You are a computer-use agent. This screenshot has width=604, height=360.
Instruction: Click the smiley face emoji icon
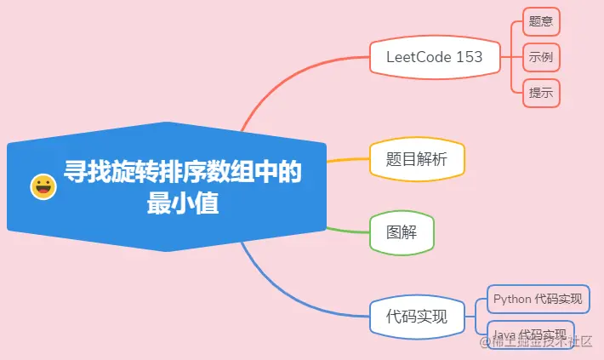click(x=43, y=186)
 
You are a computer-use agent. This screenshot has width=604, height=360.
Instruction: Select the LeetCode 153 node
click(x=434, y=57)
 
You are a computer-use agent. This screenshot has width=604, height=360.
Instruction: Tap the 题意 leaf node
click(x=541, y=21)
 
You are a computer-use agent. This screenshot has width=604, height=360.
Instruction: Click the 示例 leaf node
click(x=541, y=57)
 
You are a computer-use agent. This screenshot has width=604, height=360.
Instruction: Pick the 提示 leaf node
click(x=541, y=93)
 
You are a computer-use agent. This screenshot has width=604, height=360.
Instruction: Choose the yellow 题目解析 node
click(x=417, y=159)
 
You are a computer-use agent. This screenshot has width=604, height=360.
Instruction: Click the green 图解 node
click(x=402, y=231)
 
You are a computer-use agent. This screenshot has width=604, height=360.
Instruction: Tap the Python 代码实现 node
click(x=538, y=299)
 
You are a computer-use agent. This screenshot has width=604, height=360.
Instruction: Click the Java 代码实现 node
click(x=531, y=333)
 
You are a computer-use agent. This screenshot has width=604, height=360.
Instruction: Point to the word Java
click(x=504, y=333)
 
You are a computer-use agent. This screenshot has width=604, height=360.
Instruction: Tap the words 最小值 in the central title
click(x=182, y=204)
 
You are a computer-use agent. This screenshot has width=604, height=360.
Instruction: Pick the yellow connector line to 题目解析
click(x=349, y=159)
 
